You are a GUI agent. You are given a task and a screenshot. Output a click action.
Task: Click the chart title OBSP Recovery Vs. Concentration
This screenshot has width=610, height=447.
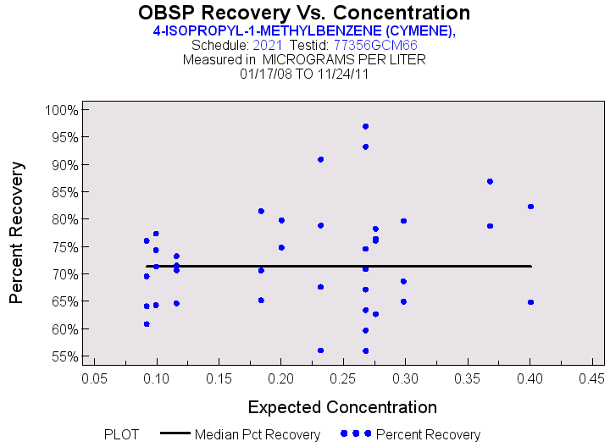click(304, 13)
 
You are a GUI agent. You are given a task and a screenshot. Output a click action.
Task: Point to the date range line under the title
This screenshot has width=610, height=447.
click(304, 74)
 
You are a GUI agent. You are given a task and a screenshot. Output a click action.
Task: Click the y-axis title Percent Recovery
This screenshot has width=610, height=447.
click(17, 233)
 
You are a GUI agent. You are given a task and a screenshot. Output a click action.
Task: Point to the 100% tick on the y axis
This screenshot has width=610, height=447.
click(62, 110)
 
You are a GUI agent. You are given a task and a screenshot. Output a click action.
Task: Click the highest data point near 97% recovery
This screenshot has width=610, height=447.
click(365, 126)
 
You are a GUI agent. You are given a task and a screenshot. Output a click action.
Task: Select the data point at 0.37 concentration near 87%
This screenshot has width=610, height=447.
click(490, 181)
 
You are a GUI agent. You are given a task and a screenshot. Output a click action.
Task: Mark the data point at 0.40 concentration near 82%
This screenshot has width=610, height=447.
click(530, 207)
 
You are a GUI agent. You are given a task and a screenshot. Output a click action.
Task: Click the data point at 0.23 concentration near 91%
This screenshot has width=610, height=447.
click(320, 159)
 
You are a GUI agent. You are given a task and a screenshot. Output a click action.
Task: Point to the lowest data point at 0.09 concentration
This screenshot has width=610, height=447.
click(147, 323)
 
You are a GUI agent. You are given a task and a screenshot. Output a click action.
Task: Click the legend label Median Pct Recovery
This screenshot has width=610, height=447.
click(258, 434)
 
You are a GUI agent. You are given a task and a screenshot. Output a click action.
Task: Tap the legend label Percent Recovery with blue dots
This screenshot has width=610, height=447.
click(428, 434)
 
